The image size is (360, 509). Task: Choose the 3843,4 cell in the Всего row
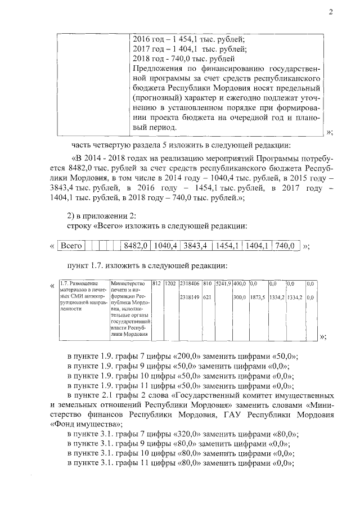coord(196,246)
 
